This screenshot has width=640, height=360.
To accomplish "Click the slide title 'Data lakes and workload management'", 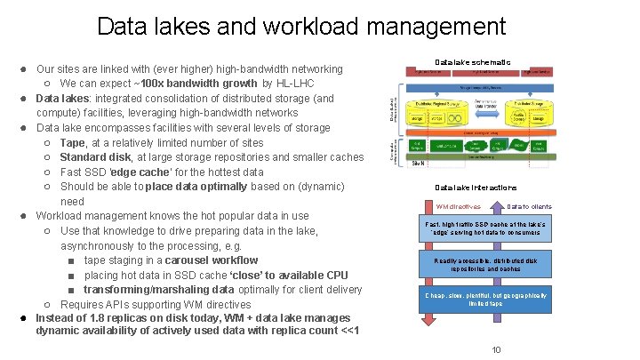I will (320, 27).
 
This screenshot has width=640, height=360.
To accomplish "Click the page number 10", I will (497, 349).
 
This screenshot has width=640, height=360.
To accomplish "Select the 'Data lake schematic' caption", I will (473, 62).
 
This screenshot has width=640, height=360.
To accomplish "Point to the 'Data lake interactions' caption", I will (476, 188).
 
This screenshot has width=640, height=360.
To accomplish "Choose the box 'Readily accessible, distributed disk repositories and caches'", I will (485, 264).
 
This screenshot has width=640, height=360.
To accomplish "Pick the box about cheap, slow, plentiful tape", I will (485, 299).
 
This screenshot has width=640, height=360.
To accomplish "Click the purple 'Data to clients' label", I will (529, 207).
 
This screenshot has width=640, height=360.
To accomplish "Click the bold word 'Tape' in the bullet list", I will (73, 142).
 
